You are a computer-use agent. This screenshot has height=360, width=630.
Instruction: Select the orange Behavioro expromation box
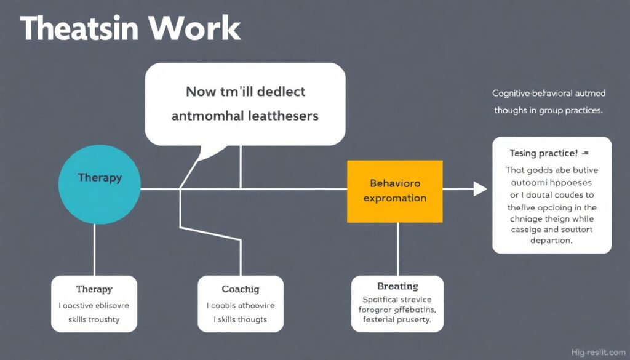click(x=394, y=191)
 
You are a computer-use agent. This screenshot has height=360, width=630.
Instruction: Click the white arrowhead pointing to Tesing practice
click(x=480, y=189)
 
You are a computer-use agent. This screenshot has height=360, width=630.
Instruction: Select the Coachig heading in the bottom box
click(x=240, y=289)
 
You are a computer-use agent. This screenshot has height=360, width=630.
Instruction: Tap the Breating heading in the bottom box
click(x=397, y=286)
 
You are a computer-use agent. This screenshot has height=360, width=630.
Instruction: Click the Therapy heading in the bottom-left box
click(x=94, y=289)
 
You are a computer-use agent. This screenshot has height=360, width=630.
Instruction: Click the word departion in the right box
click(x=551, y=241)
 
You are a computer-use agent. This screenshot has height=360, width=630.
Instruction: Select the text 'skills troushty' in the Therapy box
click(x=94, y=319)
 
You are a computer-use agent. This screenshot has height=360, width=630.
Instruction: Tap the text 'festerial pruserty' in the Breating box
click(x=397, y=321)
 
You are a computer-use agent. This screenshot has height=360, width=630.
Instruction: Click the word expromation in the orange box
click(x=394, y=198)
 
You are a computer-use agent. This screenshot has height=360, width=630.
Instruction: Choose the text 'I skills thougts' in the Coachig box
click(x=240, y=319)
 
